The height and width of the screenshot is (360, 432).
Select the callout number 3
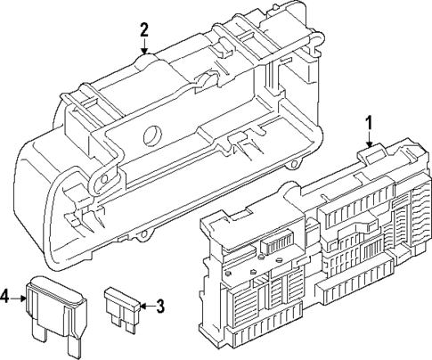click(160, 307)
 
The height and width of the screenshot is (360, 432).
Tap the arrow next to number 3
click(145, 307)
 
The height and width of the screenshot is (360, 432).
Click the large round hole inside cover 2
click(152, 137)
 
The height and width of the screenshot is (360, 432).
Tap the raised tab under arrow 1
click(368, 153)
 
